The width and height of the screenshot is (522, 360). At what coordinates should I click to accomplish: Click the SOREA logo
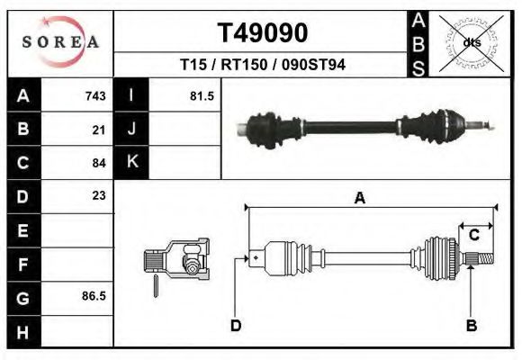60,42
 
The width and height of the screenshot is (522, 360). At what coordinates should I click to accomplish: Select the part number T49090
264,33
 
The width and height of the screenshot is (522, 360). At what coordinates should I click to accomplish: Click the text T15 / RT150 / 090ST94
264,65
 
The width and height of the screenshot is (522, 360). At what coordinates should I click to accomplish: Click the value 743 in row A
95,96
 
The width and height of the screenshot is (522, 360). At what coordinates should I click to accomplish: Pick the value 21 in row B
99,130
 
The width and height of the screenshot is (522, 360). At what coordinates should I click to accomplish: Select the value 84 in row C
99,163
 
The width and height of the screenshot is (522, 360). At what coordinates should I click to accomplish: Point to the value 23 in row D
99,195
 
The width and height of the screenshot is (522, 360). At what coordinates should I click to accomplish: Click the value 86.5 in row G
94,295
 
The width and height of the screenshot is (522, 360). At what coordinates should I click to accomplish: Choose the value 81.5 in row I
202,96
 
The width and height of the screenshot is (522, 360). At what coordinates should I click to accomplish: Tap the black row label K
131,162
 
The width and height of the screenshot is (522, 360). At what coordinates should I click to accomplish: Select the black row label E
22,229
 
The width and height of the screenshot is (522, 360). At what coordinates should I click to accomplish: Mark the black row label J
131,130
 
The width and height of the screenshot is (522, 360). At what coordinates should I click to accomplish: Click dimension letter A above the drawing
359,199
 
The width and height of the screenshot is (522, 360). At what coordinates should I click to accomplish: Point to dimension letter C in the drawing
473,235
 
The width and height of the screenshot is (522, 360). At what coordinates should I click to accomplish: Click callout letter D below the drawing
236,325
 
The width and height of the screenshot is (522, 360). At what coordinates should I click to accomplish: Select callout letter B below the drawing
470,325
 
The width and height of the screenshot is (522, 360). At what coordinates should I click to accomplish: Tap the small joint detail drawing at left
177,263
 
